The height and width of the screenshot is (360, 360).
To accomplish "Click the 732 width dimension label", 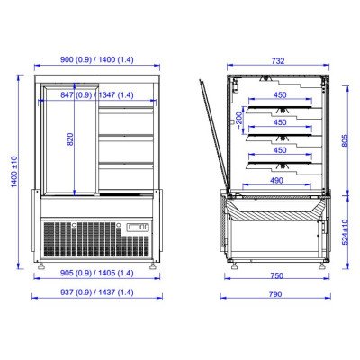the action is pos(278,61).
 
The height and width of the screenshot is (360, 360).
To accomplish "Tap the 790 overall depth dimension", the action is pos(275,294).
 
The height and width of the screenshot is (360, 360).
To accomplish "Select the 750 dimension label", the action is pos(276,275).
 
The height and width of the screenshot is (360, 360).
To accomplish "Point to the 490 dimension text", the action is pos(276,181).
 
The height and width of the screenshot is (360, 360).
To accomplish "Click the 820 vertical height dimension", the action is pos(70,139).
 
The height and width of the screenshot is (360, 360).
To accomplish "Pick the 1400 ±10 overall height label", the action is pos(14,172).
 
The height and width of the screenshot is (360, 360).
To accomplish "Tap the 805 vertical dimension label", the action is pos(345,140).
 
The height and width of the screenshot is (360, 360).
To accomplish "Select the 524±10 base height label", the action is pos(345,232).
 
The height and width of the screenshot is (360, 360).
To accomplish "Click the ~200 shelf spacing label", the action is pos(239,120).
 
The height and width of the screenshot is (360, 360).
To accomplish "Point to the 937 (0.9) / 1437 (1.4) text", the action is pos(97,292).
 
